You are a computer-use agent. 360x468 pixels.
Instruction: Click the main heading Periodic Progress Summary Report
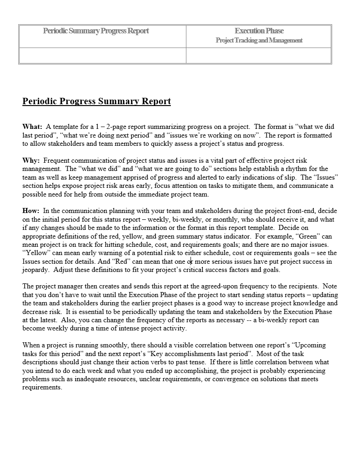click(x=96, y=101)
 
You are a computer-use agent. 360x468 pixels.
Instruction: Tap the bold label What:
click(x=32, y=127)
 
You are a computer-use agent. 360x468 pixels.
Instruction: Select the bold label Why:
click(x=31, y=160)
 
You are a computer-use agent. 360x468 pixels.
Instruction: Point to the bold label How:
click(x=31, y=211)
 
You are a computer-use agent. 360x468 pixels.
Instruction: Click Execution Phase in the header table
click(x=259, y=31)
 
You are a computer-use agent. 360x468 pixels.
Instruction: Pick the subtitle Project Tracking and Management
click(x=259, y=40)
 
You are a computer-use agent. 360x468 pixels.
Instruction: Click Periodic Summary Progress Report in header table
click(x=96, y=31)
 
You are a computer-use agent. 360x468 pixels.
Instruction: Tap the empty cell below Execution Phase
click(x=259, y=56)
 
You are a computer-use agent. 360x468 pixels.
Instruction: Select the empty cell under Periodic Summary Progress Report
click(x=102, y=56)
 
